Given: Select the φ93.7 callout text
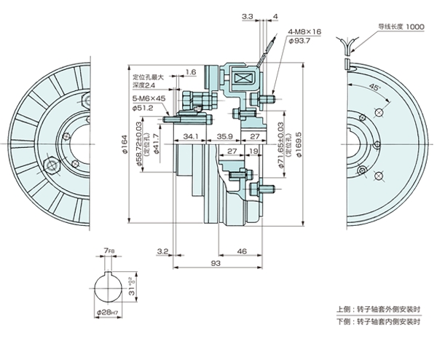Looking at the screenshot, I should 301,41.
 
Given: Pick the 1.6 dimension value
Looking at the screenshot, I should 191,72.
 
